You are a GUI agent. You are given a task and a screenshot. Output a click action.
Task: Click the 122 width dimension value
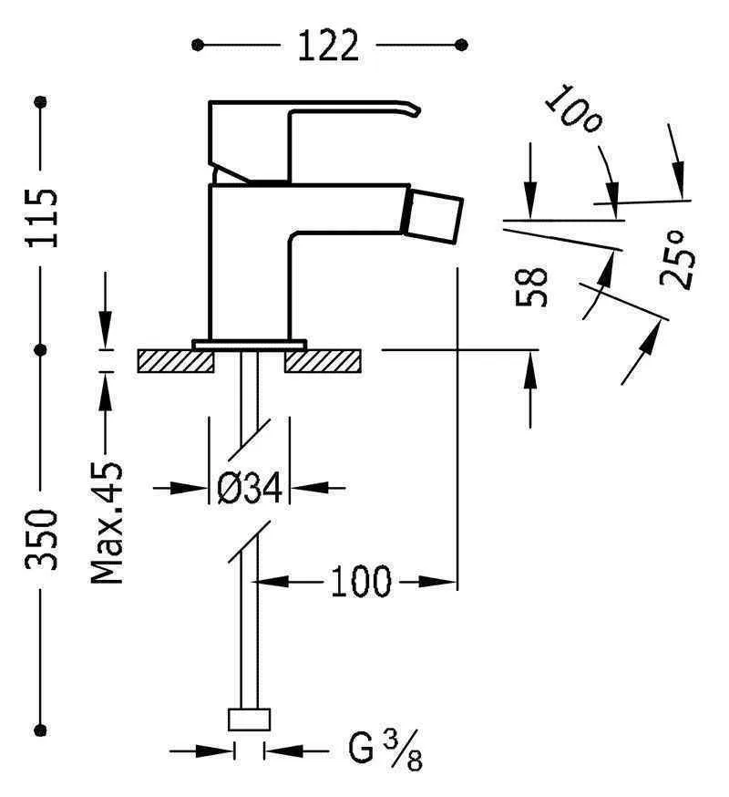coord(329,45)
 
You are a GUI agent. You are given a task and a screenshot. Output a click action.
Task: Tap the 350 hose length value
coord(42,540)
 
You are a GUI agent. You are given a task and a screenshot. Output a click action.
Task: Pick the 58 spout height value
coord(533,286)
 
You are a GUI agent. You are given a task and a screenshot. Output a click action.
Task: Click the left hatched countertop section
coord(175,361)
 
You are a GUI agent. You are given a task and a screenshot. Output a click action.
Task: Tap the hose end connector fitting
coord(249,720)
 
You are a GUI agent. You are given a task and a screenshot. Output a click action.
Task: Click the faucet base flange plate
coord(249,344)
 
